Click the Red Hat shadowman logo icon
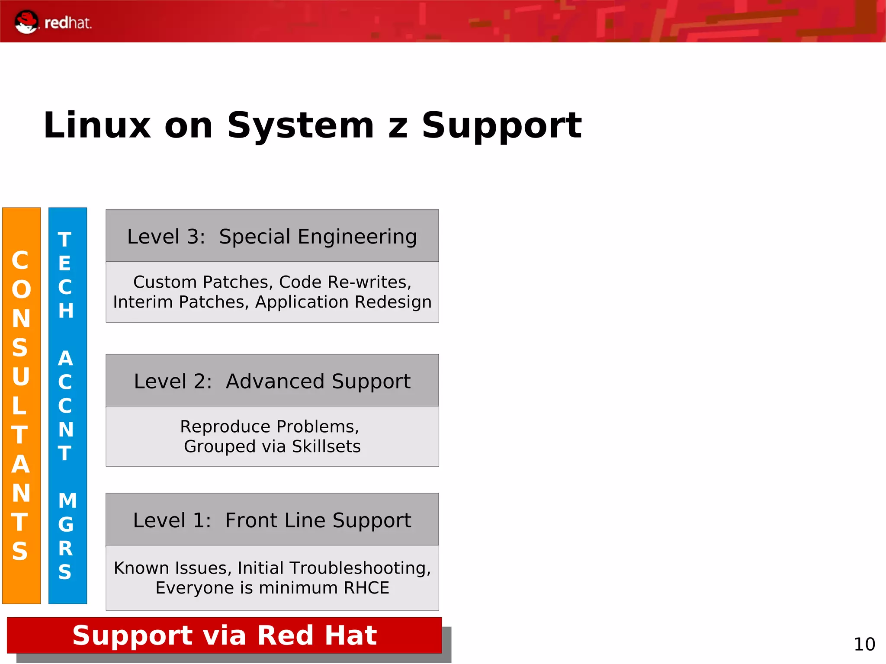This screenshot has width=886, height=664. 26,22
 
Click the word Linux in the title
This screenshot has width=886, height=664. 97,125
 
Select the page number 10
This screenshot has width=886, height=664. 864,645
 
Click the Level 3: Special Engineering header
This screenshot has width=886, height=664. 272,236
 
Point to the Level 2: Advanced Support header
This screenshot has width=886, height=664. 272,381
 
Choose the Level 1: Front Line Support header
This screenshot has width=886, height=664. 272,520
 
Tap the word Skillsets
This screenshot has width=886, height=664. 326,446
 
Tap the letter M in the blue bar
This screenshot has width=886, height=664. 67,501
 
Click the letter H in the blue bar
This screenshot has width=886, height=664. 66,311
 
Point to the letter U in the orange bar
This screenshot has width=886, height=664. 21,376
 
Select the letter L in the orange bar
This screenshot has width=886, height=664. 19,406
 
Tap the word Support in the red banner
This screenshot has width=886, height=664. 132,635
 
